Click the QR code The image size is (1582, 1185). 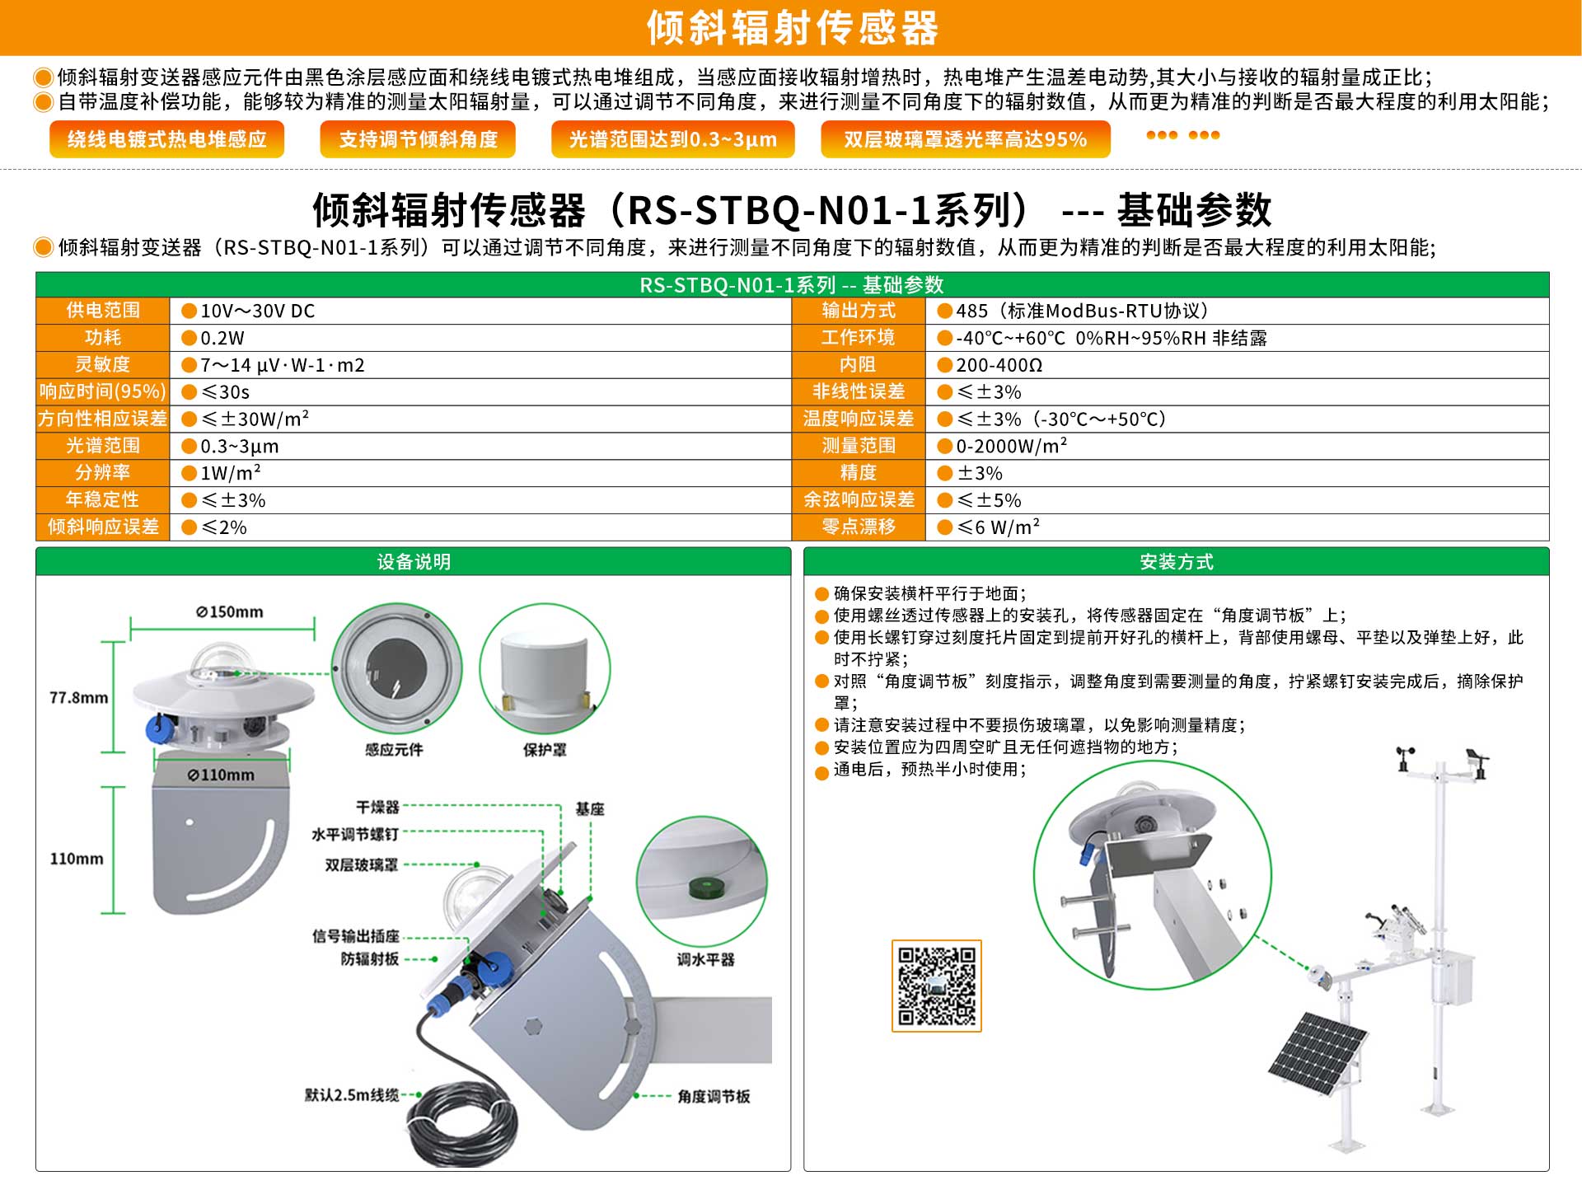[936, 986]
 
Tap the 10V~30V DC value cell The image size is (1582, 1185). [480, 311]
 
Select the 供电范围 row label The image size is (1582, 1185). [103, 311]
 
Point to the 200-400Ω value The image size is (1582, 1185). [999, 365]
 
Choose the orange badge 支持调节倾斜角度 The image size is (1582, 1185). [418, 139]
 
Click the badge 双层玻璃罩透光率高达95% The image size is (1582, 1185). [965, 139]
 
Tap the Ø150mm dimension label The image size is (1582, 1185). [230, 612]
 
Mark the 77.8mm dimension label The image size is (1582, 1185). [78, 698]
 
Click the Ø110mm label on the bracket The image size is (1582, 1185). [221, 775]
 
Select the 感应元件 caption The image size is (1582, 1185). [394, 750]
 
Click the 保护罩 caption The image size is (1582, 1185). [545, 750]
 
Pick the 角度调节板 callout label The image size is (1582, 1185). [714, 1096]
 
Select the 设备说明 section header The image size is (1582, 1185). [414, 562]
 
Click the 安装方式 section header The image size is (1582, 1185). [1177, 562]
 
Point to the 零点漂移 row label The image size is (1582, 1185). [859, 527]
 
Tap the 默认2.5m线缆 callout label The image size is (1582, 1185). [352, 1095]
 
